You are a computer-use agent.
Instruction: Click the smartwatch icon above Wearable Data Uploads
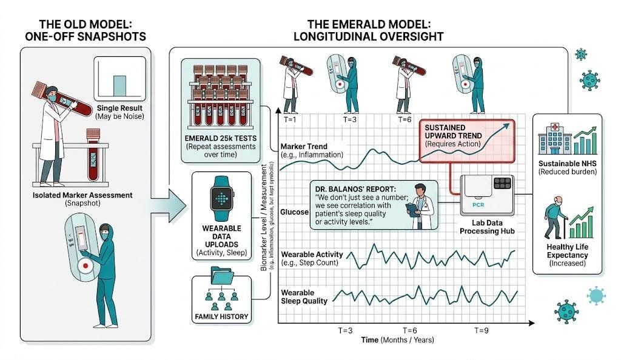pyautogui.click(x=221, y=198)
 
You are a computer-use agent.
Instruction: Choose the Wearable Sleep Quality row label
pyautogui.click(x=304, y=296)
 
